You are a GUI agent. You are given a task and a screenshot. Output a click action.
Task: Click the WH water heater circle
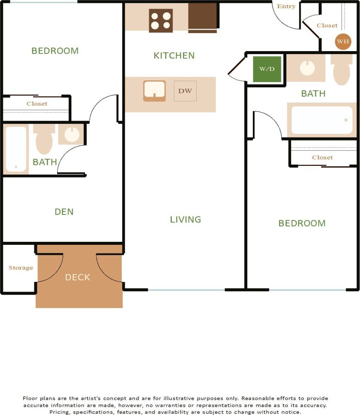[x=343, y=42]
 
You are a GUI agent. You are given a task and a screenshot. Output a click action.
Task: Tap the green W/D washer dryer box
[x=267, y=69]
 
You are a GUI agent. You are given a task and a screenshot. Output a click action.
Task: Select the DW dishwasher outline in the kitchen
[x=185, y=91]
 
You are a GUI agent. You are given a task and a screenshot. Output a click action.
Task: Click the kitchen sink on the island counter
[x=154, y=91]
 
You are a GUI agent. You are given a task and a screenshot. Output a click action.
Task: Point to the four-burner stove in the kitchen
[x=161, y=21]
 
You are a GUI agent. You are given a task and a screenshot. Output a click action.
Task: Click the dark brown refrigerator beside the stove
[x=202, y=17]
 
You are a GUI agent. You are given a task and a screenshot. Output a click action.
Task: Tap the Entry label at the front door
[x=286, y=6]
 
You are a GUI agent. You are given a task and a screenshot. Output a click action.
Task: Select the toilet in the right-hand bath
[x=342, y=70]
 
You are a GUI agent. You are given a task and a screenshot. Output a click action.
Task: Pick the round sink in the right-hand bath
[x=307, y=68]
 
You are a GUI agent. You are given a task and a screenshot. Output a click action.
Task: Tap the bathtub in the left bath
[x=16, y=149]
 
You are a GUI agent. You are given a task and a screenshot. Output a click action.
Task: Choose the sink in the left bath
[x=71, y=134]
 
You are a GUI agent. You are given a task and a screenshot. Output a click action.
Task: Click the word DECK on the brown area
[x=78, y=278]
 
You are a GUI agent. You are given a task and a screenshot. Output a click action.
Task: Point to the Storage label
[x=21, y=268]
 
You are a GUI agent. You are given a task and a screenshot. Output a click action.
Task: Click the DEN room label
[x=64, y=212]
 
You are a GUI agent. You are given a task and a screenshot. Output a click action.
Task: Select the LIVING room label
[x=185, y=220]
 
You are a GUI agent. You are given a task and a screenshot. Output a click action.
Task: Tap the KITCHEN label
[x=174, y=55]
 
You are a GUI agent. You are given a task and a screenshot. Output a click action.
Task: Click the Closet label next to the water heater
[x=327, y=25]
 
